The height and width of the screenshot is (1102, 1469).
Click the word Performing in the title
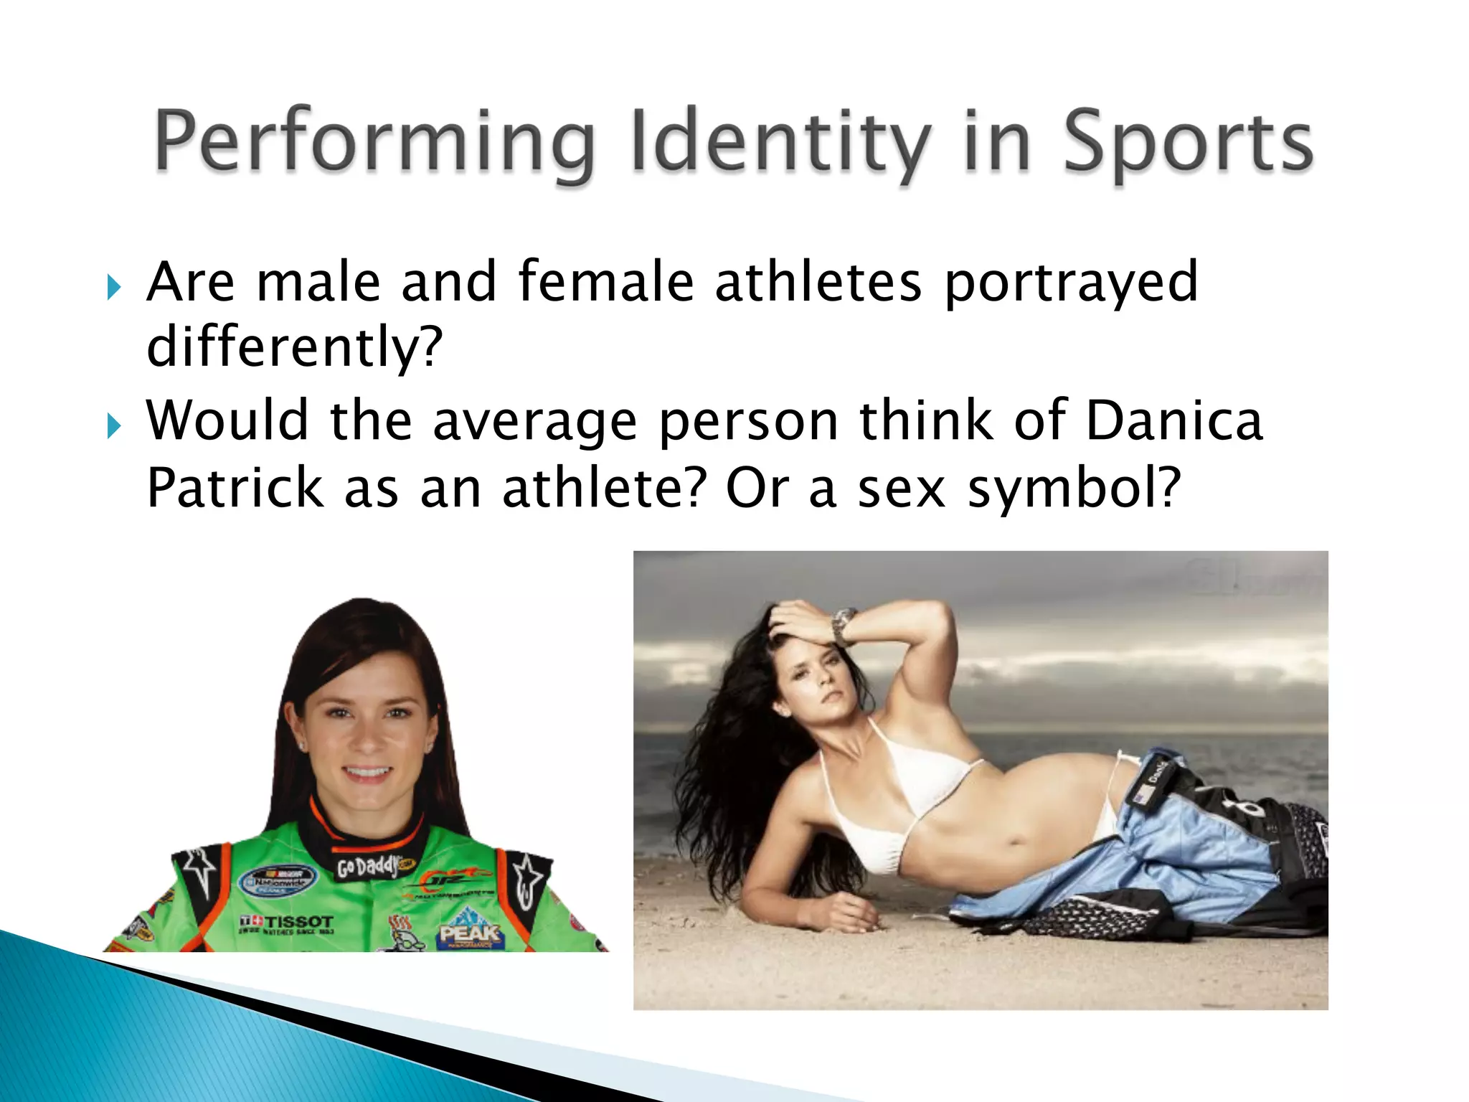click(x=374, y=141)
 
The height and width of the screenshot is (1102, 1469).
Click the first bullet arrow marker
click(x=114, y=288)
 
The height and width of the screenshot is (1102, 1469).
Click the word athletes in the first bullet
click(x=818, y=281)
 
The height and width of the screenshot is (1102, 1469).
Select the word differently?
click(x=295, y=347)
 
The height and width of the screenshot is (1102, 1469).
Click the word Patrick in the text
click(x=235, y=488)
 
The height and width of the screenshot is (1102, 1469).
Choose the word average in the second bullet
click(x=534, y=421)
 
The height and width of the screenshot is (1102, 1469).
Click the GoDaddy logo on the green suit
click(x=367, y=867)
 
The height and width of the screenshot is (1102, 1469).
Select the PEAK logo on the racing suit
click(x=470, y=933)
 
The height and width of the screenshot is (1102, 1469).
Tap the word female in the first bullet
click(x=606, y=281)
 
